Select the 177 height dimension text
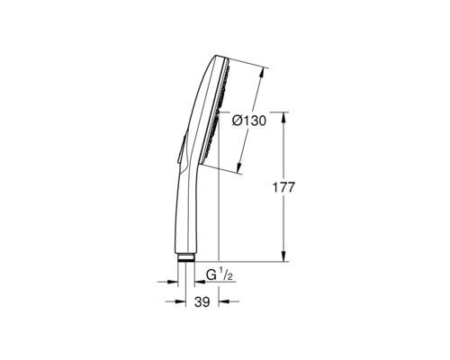pyautogui.click(x=284, y=189)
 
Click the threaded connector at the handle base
pyautogui.click(x=186, y=259)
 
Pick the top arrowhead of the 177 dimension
pyautogui.click(x=286, y=114)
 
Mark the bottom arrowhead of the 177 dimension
pyautogui.click(x=286, y=257)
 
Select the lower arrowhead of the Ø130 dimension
pyautogui.click(x=239, y=169)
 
